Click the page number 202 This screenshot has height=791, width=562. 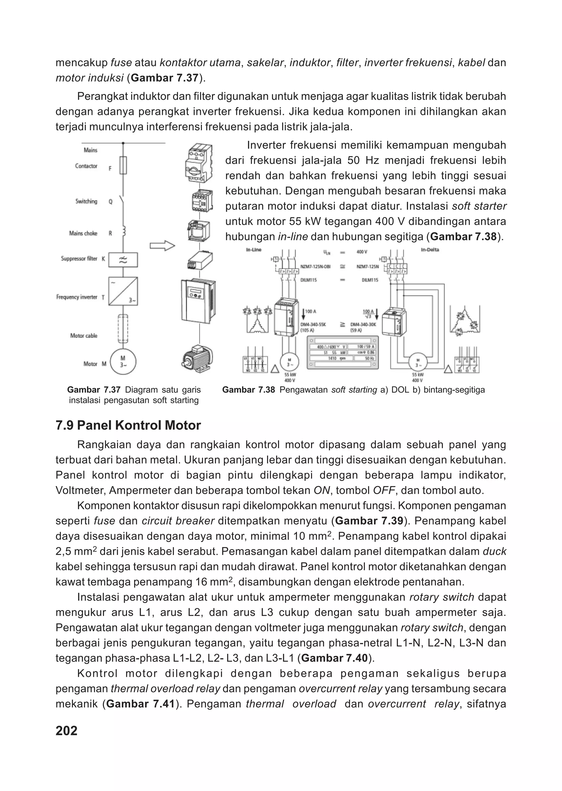coord(66,731)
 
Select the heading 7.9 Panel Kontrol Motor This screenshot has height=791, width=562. coord(128,425)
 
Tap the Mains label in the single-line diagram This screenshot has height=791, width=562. coord(90,150)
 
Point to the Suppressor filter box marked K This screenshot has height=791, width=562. coord(123,260)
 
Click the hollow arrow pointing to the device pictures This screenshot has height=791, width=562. coord(162,246)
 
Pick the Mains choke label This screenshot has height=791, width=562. coord(83,234)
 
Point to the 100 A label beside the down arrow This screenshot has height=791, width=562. coord(310,312)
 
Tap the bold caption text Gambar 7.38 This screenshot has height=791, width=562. coord(248,390)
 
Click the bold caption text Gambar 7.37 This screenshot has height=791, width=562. coord(93,390)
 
